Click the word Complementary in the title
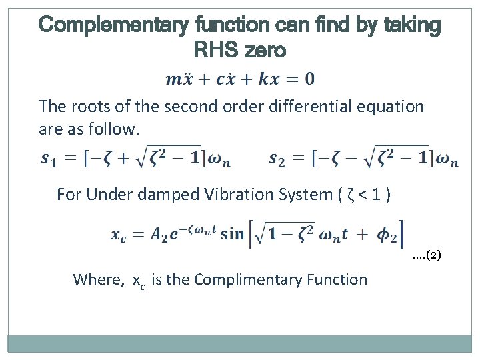point(113,25)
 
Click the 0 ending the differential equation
point(310,79)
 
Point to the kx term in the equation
point(270,79)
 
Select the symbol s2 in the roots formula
point(277,159)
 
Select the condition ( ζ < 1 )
point(364,195)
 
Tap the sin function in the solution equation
point(232,233)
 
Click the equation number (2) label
point(427,255)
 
